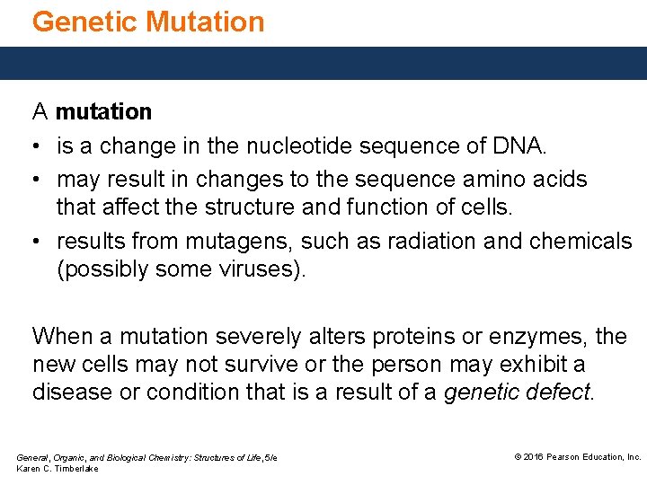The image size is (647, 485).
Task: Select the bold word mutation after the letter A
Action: click(103, 112)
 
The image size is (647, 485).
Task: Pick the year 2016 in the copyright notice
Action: click(534, 457)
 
